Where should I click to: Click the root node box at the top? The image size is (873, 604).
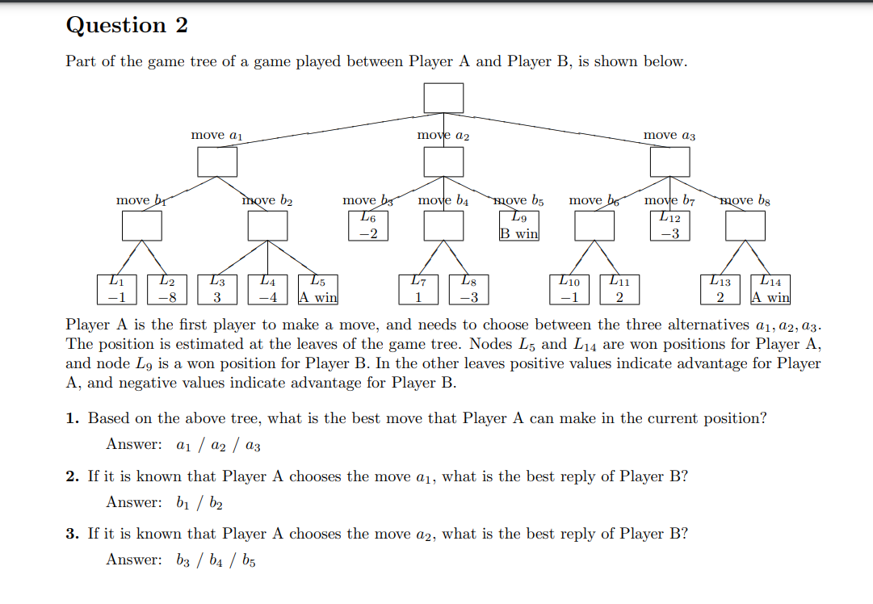[444, 99]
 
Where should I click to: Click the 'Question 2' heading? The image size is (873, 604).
[127, 26]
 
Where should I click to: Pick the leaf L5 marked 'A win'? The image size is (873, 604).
[317, 290]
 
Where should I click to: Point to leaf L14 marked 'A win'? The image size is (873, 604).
[770, 290]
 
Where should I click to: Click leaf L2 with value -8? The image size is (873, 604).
[167, 290]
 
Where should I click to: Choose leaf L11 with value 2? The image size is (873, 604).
[619, 290]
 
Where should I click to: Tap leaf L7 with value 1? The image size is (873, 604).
[418, 290]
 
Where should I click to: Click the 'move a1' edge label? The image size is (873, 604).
[216, 136]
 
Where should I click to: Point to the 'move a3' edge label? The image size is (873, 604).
[669, 136]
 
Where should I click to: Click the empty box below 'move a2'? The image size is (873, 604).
[444, 162]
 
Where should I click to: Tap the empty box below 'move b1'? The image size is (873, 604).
[142, 225]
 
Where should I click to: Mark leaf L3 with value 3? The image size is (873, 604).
[217, 290]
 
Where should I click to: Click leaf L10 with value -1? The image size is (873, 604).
[569, 290]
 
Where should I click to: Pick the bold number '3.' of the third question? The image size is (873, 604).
[73, 534]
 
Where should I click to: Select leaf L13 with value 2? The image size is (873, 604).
[720, 290]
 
